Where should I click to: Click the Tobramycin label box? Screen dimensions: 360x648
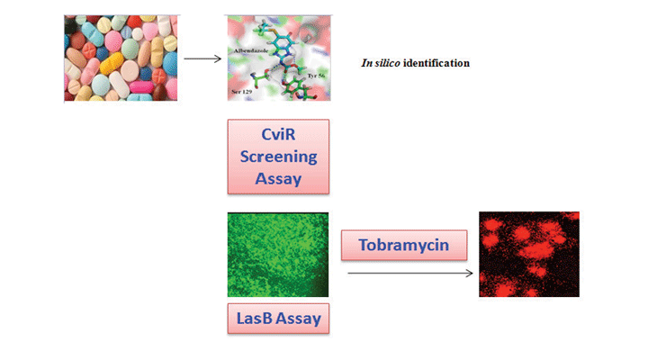(406, 245)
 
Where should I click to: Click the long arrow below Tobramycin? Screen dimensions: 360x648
(410, 272)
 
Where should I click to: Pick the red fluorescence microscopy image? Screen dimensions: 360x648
(528, 255)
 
